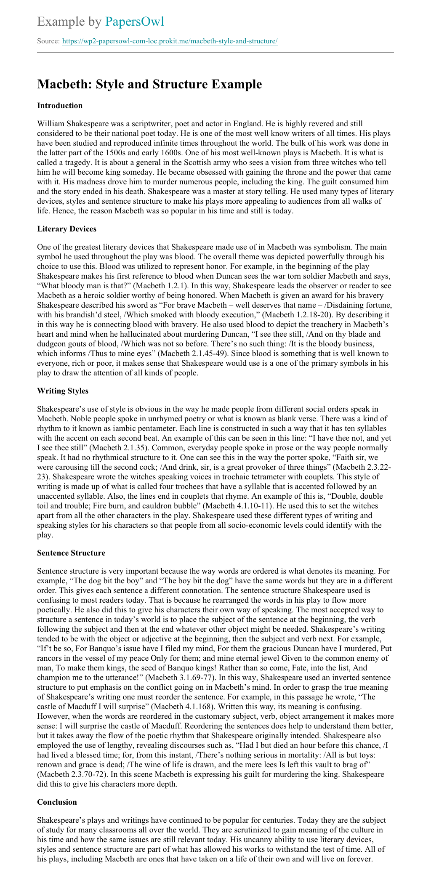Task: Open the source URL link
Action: point(170,41)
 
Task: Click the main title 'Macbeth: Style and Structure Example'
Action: point(149,84)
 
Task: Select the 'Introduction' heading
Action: point(60,106)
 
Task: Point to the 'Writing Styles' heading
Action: point(63,391)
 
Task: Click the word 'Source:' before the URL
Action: point(48,42)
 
